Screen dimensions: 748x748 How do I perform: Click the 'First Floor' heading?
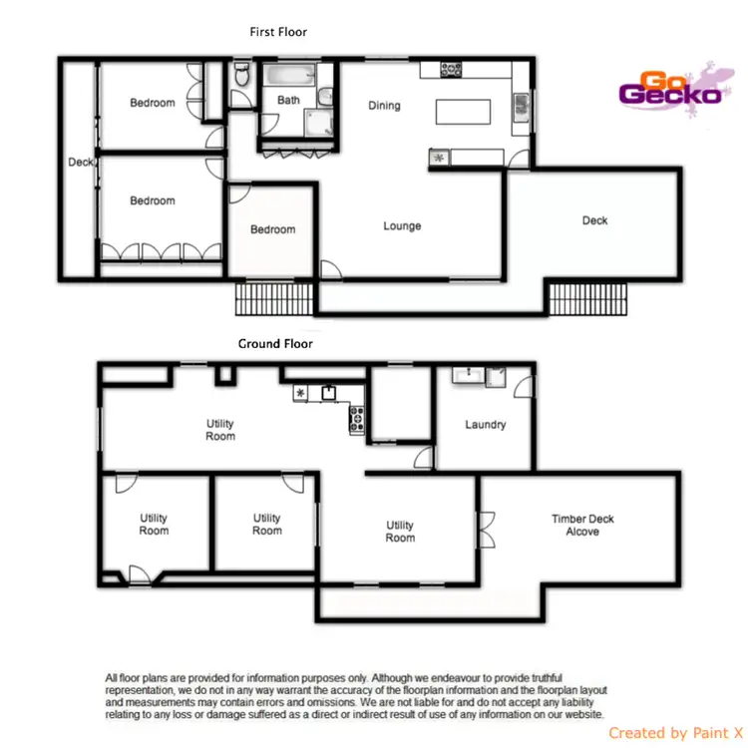278,32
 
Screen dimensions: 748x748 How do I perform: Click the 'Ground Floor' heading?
275,344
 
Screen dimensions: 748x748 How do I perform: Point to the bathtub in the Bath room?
289,74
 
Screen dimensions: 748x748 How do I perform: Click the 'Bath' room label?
288,101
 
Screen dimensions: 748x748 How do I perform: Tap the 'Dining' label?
384,106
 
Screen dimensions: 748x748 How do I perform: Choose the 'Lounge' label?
402,226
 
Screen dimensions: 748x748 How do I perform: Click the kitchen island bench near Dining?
464,110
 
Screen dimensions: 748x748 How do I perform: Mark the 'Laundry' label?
486,425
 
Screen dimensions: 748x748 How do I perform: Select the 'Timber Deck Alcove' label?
582,526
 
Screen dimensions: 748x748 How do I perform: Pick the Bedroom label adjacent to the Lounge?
272,229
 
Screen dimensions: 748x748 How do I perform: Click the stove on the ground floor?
356,420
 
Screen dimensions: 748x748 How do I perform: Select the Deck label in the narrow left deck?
80,163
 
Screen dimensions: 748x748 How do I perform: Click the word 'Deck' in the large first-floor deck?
594,220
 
